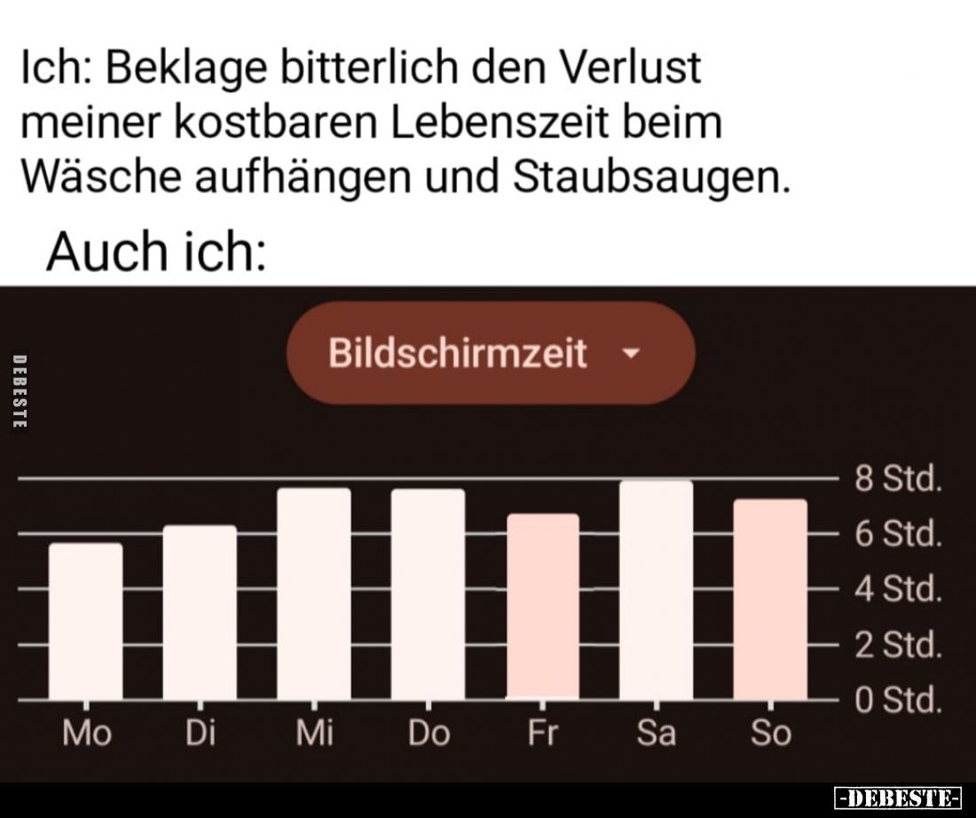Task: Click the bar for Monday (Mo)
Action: pyautogui.click(x=86, y=621)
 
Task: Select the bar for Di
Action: pyautogui.click(x=200, y=612)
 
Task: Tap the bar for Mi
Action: pyautogui.click(x=314, y=594)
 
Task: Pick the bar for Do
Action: pyautogui.click(x=428, y=594)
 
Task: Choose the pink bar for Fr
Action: pyautogui.click(x=542, y=607)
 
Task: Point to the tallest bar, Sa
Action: pyautogui.click(x=656, y=590)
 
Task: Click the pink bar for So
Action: pyautogui.click(x=770, y=600)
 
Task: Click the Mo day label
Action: pyautogui.click(x=87, y=734)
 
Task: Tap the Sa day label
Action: pyautogui.click(x=657, y=734)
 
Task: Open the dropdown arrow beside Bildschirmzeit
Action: pyautogui.click(x=631, y=353)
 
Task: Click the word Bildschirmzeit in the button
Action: pyautogui.click(x=457, y=353)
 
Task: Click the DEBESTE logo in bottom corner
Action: pyautogui.click(x=898, y=796)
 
